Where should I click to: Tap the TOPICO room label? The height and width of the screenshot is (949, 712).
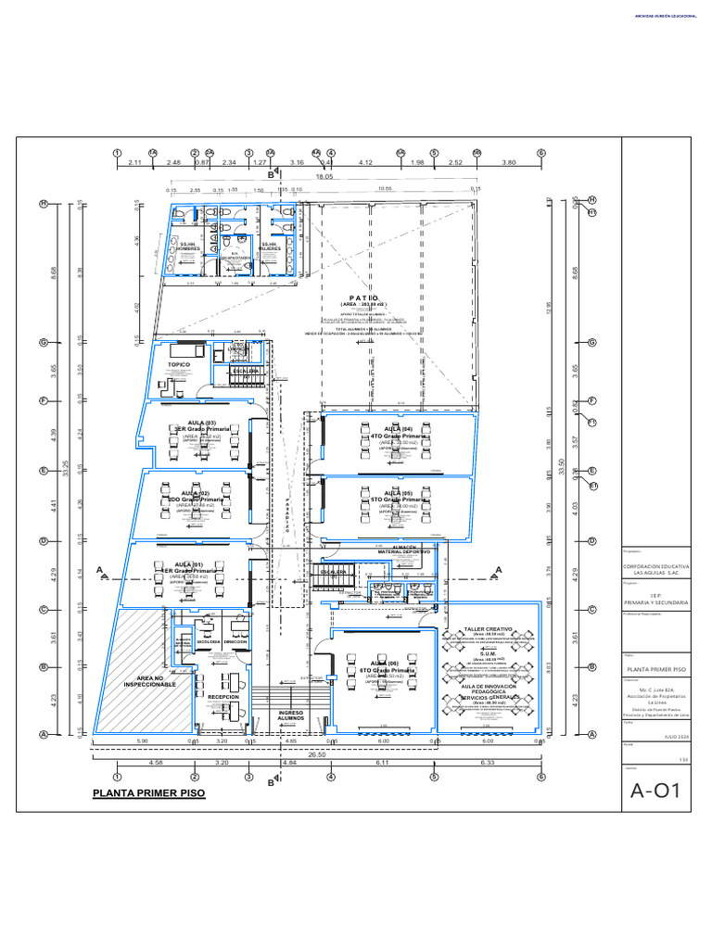click(x=179, y=365)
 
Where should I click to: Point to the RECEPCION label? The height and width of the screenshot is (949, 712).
click(x=224, y=696)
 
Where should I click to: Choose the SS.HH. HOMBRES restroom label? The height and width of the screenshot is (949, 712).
click(x=189, y=247)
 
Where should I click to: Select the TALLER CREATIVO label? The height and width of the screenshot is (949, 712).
click(x=488, y=628)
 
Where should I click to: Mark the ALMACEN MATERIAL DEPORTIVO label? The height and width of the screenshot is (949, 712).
click(x=403, y=550)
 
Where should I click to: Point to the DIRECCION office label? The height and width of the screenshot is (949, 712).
click(x=235, y=641)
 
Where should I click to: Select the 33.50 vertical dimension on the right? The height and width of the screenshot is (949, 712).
click(x=562, y=472)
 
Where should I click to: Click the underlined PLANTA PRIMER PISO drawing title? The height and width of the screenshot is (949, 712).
click(x=148, y=794)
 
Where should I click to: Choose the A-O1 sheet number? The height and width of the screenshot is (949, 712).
click(x=655, y=791)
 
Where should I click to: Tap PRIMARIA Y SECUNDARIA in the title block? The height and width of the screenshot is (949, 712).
click(x=656, y=602)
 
